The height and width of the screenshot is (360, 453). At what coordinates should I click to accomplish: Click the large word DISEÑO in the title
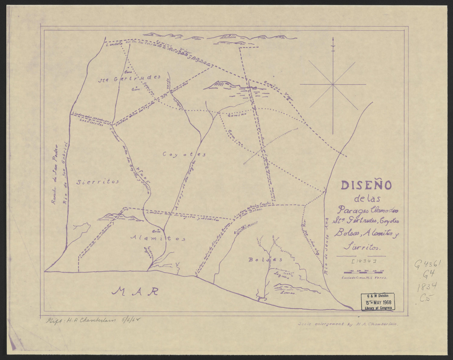click(366, 185)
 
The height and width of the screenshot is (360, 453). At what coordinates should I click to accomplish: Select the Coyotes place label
click(184, 154)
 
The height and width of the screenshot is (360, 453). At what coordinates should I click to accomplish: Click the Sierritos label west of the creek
click(97, 182)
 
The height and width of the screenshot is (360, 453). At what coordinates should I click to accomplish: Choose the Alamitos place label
click(158, 238)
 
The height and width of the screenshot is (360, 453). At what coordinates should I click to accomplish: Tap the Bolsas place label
click(265, 259)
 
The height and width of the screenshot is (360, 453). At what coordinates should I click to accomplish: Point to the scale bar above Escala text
click(362, 272)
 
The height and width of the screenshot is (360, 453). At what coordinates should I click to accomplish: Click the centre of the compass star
click(333, 84)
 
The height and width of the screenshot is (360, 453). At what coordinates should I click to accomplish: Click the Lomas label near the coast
click(288, 292)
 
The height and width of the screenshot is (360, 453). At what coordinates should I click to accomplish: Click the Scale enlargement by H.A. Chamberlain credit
click(348, 324)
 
